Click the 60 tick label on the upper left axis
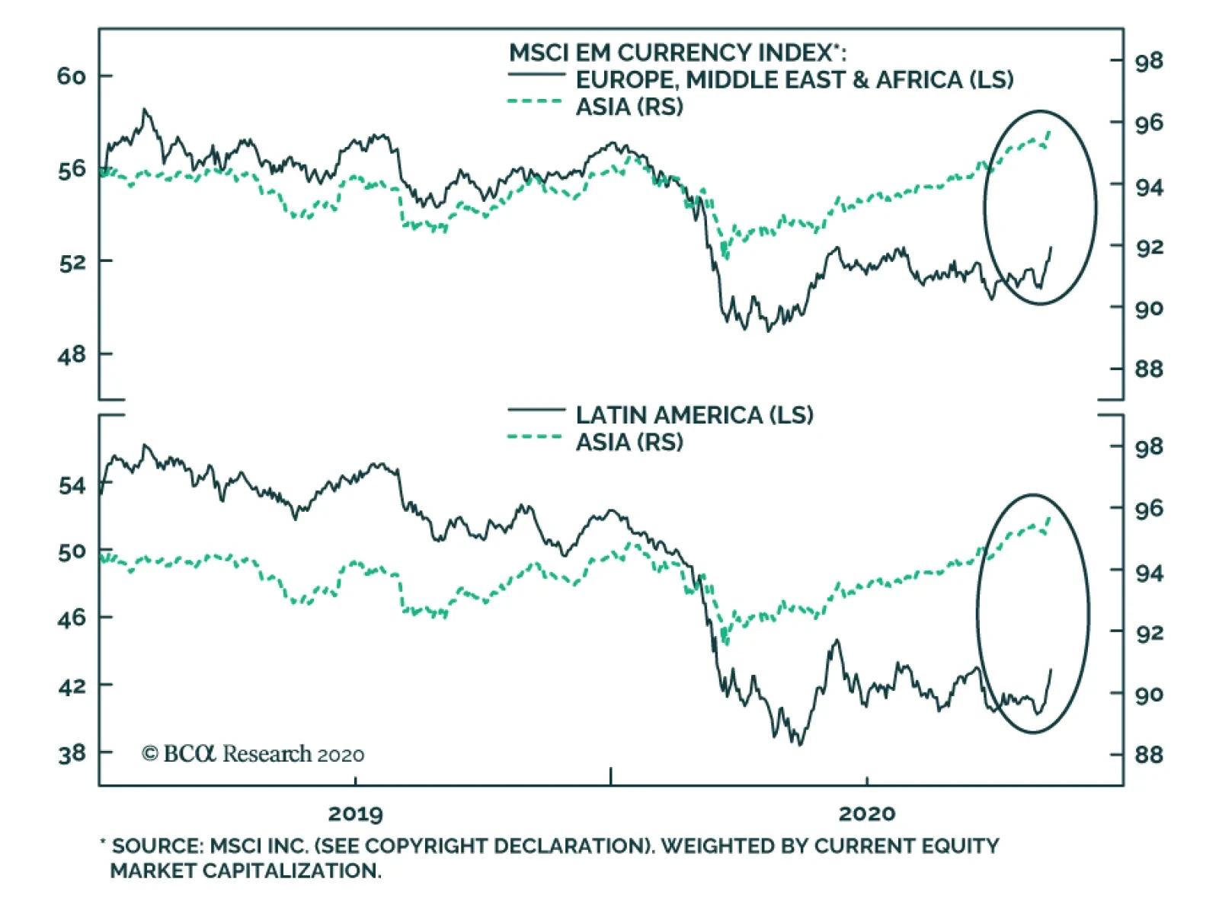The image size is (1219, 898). pos(71,76)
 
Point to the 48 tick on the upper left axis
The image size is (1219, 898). pos(71,354)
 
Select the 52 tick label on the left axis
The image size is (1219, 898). pos(71,262)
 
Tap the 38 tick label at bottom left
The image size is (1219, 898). pos(72,754)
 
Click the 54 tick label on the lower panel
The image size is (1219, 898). pos(72,485)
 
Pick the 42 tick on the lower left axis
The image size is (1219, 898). pos(72,686)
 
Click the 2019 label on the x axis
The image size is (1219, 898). pos(355,813)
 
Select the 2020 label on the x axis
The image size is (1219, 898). pos(866,813)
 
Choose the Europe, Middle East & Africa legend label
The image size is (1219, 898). pos(794,80)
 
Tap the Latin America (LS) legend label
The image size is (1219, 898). pos(694,415)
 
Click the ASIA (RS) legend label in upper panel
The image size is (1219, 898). pos(629,107)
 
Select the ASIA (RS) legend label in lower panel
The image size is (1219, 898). pos(629,443)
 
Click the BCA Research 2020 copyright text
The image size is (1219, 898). pos(253,754)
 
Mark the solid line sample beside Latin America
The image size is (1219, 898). pos(536,411)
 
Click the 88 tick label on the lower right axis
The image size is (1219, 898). pos(1149,755)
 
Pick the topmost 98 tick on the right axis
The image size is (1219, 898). pos(1149,61)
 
